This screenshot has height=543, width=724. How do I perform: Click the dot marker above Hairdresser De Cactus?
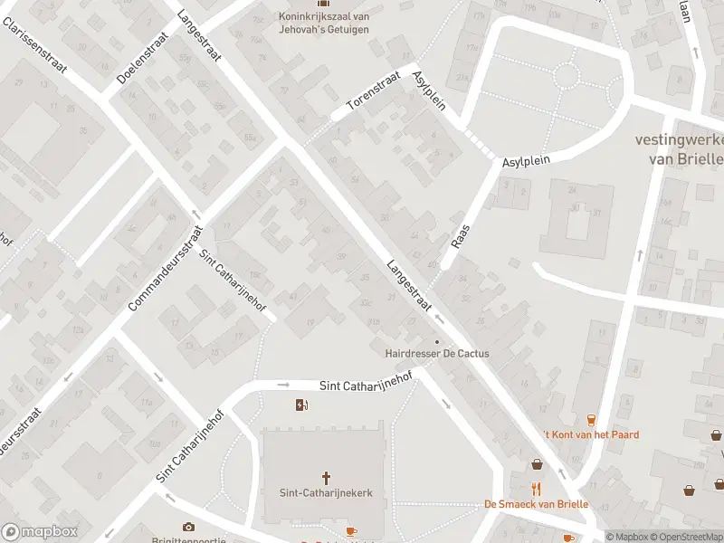tap(437, 341)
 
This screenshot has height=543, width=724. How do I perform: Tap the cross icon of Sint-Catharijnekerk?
tap(326, 477)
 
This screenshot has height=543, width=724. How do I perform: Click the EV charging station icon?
tap(301, 405)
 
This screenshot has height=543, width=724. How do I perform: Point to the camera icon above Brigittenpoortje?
tap(188, 527)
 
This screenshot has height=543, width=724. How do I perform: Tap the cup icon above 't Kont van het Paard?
tap(591, 419)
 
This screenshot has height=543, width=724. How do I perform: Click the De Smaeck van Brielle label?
tap(537, 504)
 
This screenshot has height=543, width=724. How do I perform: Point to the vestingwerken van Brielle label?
tap(680, 148)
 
